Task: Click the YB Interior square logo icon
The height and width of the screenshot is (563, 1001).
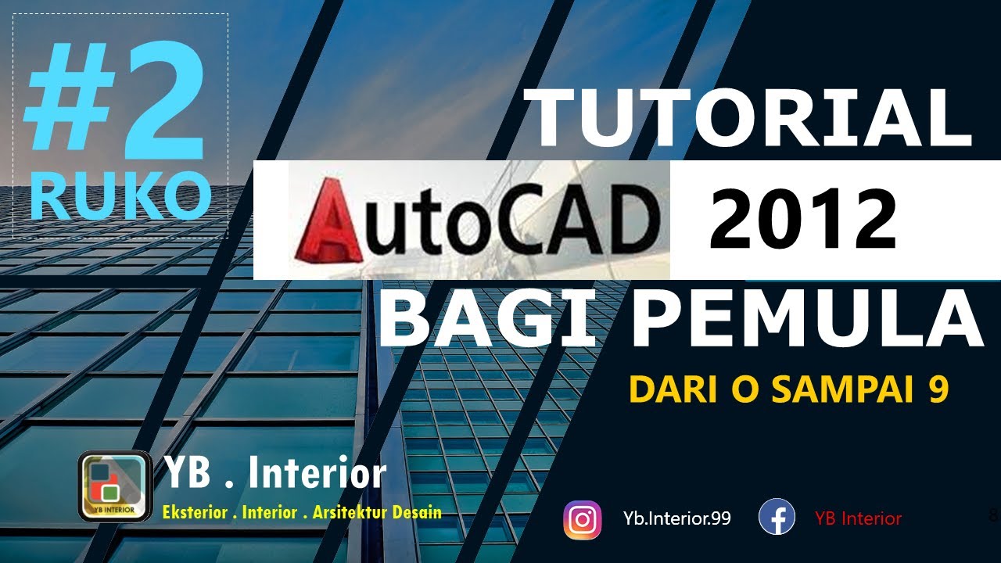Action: pyautogui.click(x=115, y=486)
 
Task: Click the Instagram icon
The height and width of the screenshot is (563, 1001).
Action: pyautogui.click(x=583, y=519)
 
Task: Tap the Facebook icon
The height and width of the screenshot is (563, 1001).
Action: pyautogui.click(x=777, y=518)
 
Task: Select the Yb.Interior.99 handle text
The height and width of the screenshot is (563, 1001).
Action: pyautogui.click(x=677, y=518)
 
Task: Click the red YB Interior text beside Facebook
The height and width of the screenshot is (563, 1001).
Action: pyautogui.click(x=858, y=518)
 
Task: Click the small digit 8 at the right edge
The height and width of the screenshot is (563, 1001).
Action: pyautogui.click(x=993, y=515)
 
